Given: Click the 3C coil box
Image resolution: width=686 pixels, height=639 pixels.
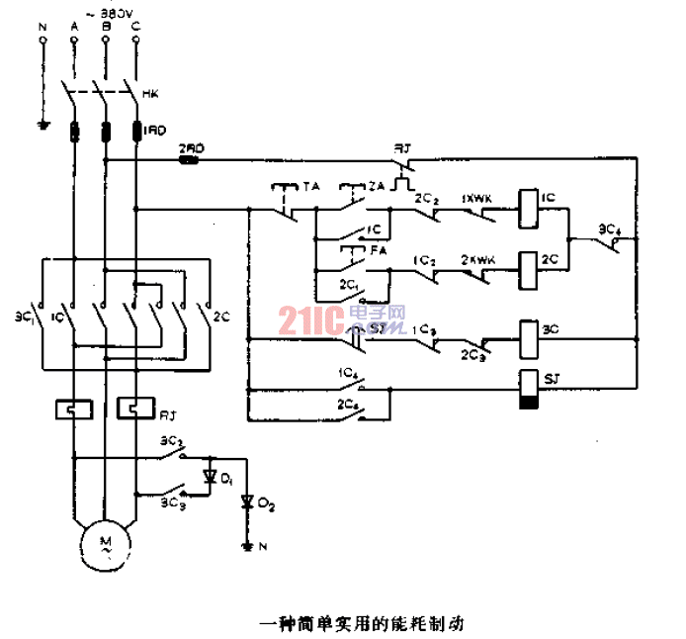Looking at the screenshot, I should coord(528,330).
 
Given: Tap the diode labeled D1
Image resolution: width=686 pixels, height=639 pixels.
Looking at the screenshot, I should coord(209,477).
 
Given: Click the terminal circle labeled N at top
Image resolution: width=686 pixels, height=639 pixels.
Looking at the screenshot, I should coord(42,42).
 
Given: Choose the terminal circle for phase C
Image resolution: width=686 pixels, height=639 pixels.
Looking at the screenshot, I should coord(134,42).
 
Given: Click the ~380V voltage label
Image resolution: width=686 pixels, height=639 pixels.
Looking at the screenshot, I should coord(108,14).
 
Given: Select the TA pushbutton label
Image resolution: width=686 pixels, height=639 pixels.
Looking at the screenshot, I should coord(311,185).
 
